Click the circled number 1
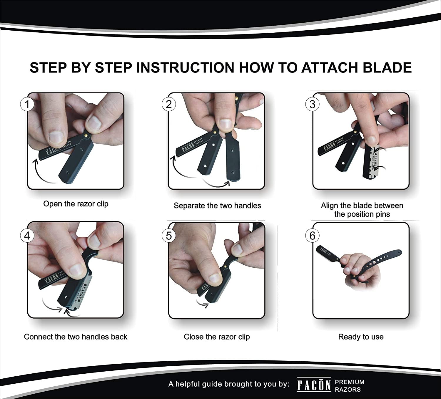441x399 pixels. pos(27,105)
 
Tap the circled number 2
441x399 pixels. pos(169,104)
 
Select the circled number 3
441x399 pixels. pos(312,104)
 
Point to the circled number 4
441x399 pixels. pos(27,236)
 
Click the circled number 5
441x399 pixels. pos(169,236)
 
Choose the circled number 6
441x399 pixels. pos(312,236)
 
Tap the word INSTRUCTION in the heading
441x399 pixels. pos(185,67)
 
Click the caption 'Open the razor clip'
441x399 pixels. pos(76,204)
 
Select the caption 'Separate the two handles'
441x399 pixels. pos(217,206)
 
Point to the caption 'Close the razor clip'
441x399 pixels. pos(217,337)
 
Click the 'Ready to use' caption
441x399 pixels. pos(361,337)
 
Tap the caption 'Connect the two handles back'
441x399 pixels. pos(76,337)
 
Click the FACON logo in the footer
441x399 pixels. pos(314,385)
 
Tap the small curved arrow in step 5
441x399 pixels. pos(203,304)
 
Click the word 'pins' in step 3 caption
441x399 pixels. pos(382,214)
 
